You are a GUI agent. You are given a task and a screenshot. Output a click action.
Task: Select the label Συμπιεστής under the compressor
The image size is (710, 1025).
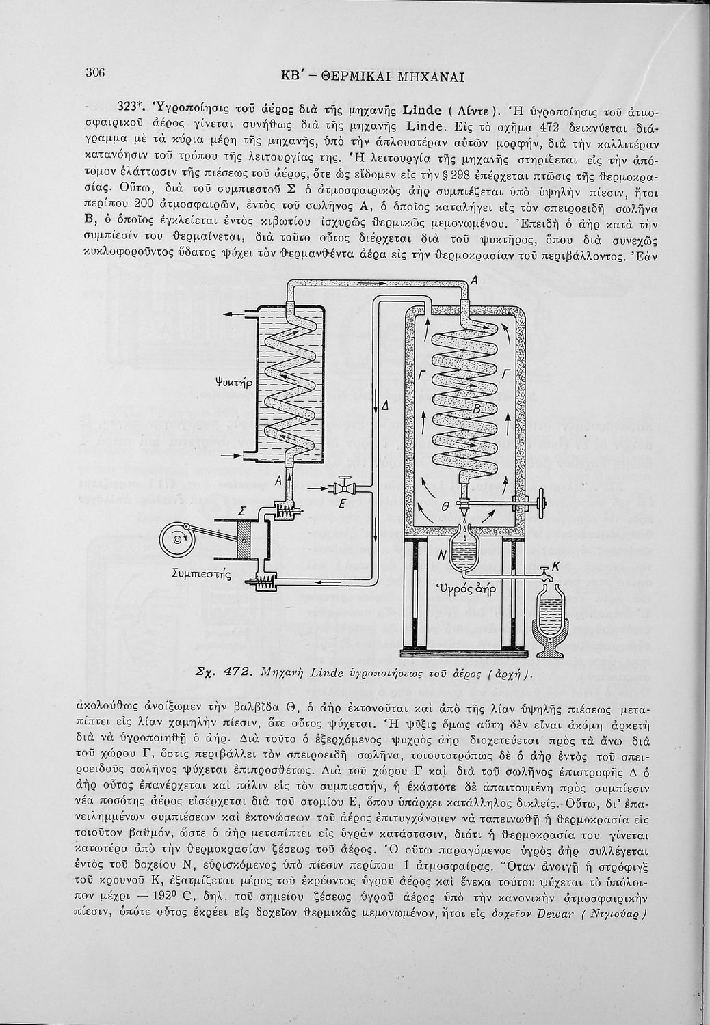[x=199, y=574]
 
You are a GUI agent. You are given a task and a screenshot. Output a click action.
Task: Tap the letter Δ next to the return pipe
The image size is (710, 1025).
[x=385, y=405]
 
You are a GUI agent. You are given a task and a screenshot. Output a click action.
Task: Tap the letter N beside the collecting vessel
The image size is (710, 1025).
[x=442, y=556]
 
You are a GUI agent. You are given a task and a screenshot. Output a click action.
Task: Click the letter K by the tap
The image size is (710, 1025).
[x=555, y=565]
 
